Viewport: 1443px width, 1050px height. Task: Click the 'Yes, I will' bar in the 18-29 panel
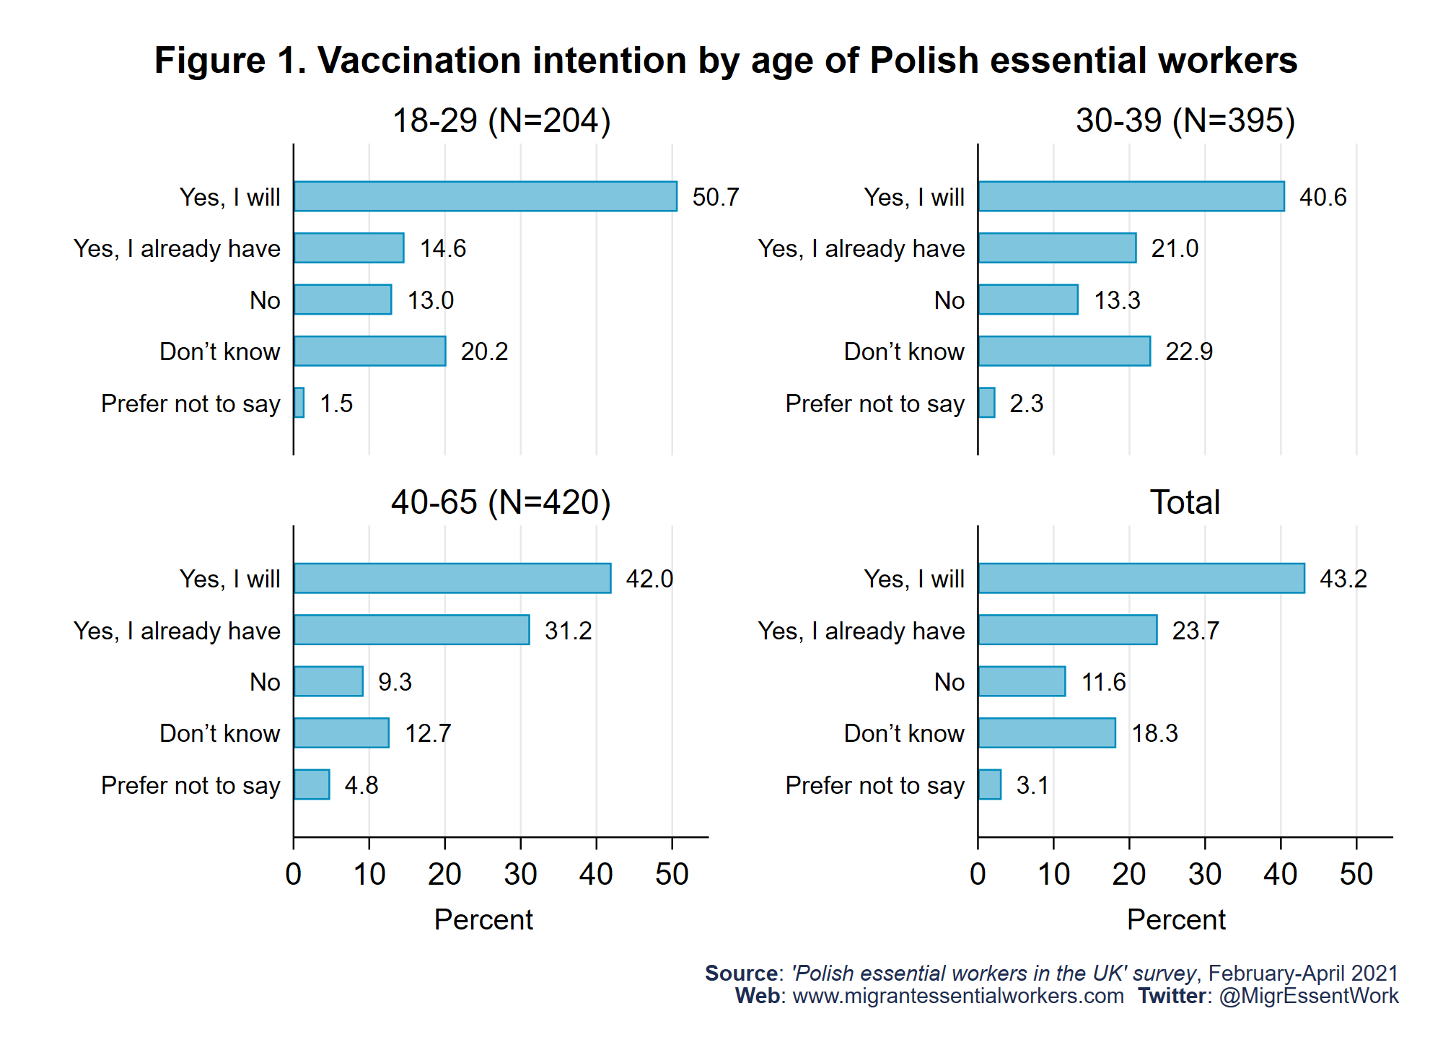pyautogui.click(x=485, y=196)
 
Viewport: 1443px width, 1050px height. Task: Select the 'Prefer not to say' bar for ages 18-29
pyautogui.click(x=299, y=403)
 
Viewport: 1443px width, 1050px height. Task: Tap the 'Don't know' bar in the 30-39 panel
pyautogui.click(x=1064, y=351)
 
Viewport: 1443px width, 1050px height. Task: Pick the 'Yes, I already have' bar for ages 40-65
pyautogui.click(x=411, y=630)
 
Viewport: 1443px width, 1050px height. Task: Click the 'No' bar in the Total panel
pyautogui.click(x=1022, y=681)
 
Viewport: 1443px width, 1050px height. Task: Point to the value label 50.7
pyautogui.click(x=716, y=197)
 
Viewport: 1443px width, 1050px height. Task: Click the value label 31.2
pyautogui.click(x=568, y=631)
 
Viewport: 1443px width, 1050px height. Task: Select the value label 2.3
pyautogui.click(x=1026, y=403)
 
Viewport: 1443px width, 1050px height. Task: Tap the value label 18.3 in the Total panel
pyautogui.click(x=1154, y=733)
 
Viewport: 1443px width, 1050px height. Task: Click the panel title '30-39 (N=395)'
pyautogui.click(x=1185, y=120)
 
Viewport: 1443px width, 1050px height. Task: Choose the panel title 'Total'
pyautogui.click(x=1185, y=502)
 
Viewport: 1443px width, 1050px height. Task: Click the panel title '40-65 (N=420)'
pyautogui.click(x=501, y=502)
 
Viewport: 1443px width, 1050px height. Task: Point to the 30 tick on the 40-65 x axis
pyautogui.click(x=520, y=875)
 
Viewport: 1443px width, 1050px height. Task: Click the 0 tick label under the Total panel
pyautogui.click(x=978, y=875)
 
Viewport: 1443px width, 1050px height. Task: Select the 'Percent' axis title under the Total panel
pyautogui.click(x=1176, y=919)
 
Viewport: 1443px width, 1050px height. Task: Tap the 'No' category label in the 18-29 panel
pyautogui.click(x=265, y=300)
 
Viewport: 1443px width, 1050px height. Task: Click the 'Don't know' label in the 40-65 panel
pyautogui.click(x=219, y=733)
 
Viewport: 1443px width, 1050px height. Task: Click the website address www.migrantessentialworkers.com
pyautogui.click(x=958, y=996)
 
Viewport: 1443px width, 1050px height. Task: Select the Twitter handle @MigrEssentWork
pyautogui.click(x=1309, y=996)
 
